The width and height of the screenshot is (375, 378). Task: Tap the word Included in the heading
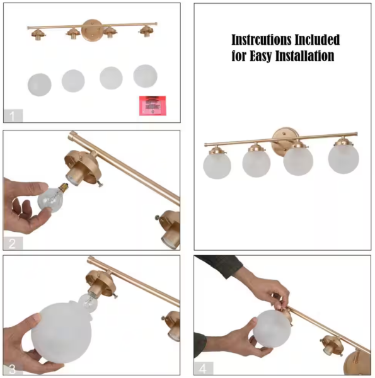(318, 40)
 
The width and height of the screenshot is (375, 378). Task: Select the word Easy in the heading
(261, 56)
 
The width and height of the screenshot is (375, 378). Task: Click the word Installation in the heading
(305, 55)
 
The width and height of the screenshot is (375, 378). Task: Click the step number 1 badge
(13, 116)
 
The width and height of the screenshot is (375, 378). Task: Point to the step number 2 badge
(13, 243)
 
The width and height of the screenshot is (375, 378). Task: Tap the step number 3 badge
(13, 369)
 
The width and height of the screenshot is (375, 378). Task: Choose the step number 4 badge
(204, 369)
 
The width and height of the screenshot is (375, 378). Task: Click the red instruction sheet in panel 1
(153, 106)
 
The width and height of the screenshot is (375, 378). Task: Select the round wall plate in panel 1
(91, 30)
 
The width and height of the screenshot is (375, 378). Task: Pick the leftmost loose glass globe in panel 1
(40, 85)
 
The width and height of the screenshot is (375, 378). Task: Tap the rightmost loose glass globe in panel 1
(146, 76)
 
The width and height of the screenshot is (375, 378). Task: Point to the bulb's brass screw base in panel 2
(64, 187)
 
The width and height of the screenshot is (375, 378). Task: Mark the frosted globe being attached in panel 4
(272, 329)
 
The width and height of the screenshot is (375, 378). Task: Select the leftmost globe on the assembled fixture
(217, 166)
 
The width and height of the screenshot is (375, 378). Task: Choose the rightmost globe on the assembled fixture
(343, 158)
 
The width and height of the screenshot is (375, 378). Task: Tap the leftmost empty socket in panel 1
(38, 35)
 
